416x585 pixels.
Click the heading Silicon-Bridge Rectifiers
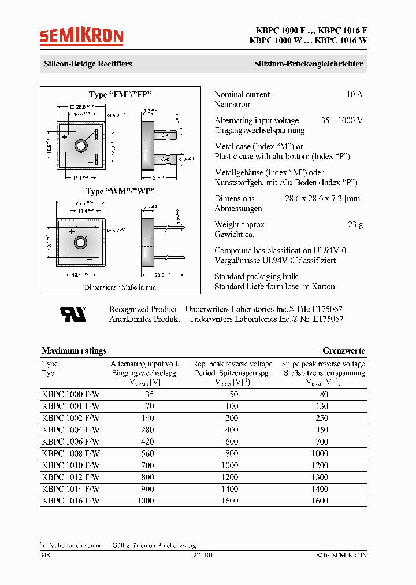88,64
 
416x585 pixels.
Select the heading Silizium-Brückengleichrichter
309,64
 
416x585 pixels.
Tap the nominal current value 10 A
354,95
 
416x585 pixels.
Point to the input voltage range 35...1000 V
341,121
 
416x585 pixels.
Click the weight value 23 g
355,224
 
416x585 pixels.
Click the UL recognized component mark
73,314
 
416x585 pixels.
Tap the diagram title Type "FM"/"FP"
120,94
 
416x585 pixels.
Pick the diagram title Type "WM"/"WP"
120,191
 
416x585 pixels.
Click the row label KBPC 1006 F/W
70,442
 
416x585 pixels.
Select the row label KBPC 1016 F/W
70,501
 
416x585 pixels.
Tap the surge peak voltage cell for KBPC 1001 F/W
323,406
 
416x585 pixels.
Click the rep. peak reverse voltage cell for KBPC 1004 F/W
232,430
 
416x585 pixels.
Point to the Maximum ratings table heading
74,351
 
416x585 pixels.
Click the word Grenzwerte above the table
343,351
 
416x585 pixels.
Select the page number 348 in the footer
45,555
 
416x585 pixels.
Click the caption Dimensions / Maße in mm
120,287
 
